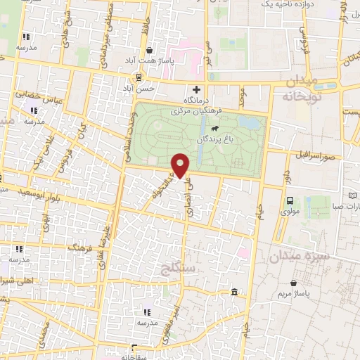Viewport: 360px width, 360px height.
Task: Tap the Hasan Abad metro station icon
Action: click(x=139, y=77)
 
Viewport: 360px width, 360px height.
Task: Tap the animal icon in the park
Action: click(x=214, y=129)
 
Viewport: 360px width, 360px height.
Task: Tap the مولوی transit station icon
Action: click(x=290, y=200)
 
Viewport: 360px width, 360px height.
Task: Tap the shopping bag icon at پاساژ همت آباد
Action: click(x=150, y=50)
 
